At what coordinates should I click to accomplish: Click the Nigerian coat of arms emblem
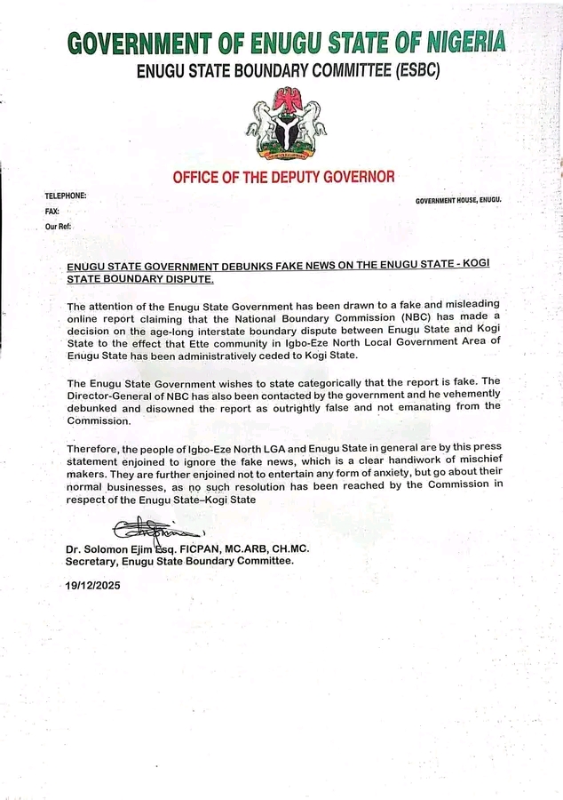pos(285,124)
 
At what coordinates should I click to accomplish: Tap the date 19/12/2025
pos(92,586)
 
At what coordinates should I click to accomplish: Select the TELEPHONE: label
pos(66,196)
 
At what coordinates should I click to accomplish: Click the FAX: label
pos(52,212)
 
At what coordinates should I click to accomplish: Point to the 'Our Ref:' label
pos(58,228)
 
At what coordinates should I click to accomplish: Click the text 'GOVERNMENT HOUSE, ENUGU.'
pos(458,201)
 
